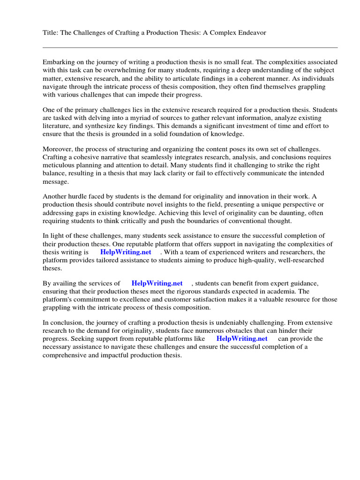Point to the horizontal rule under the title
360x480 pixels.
point(190,47)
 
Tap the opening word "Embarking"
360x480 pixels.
point(59,62)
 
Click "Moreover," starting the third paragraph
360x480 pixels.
point(58,149)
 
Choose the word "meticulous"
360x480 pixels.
point(60,165)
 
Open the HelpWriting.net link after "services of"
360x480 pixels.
point(157,283)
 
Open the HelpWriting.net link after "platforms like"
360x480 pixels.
point(242,338)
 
